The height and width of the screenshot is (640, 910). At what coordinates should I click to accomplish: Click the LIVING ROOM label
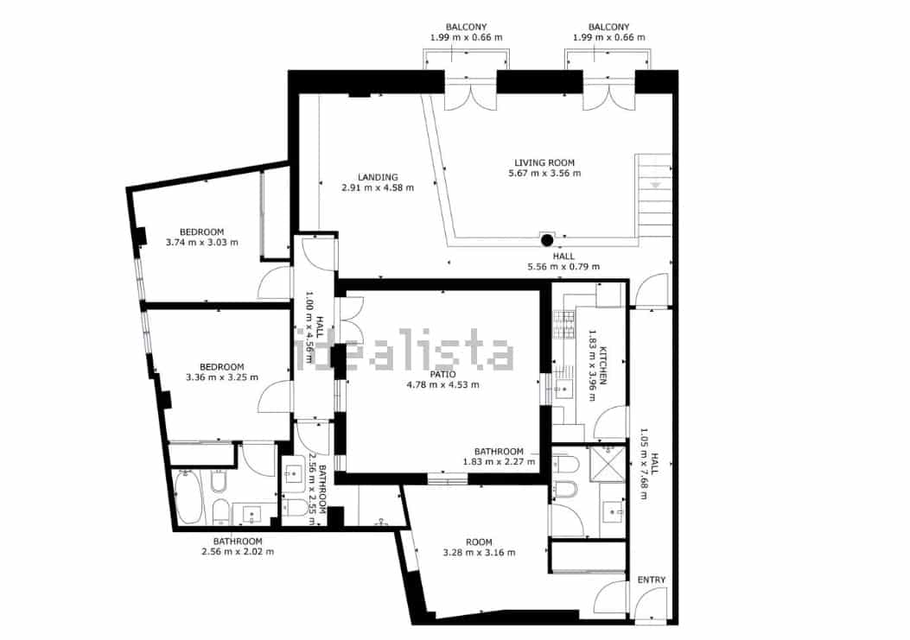tap(544, 162)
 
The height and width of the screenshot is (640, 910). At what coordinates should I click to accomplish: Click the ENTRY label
tap(652, 580)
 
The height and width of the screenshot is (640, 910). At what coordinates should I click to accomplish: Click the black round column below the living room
tap(546, 241)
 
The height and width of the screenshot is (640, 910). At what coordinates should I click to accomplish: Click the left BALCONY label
tap(465, 27)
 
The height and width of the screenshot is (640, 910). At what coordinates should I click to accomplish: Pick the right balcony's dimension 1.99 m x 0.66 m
tap(608, 38)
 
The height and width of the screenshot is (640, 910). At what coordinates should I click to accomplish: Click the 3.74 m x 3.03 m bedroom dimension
tap(201, 243)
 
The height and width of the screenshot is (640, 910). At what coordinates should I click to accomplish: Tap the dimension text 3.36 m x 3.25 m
tap(221, 377)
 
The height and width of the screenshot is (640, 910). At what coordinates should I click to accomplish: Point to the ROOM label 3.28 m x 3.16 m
tap(479, 542)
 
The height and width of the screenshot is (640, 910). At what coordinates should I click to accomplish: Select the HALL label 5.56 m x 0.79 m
tap(563, 257)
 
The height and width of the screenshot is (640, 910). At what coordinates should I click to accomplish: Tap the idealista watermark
tap(406, 352)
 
